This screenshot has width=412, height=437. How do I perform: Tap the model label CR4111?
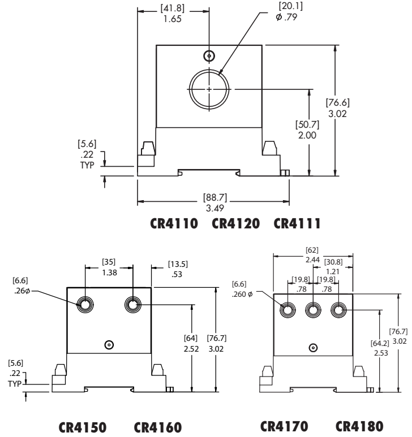[x=297, y=223]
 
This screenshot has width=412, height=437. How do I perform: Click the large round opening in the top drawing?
[x=209, y=89]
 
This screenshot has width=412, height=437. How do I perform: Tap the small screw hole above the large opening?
[x=209, y=55]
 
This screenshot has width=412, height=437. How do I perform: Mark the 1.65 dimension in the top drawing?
[x=173, y=19]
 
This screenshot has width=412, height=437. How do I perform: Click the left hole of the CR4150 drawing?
[x=85, y=305]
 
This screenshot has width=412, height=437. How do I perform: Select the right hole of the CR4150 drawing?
[x=133, y=305]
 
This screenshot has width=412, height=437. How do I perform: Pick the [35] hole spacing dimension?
[x=109, y=262]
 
